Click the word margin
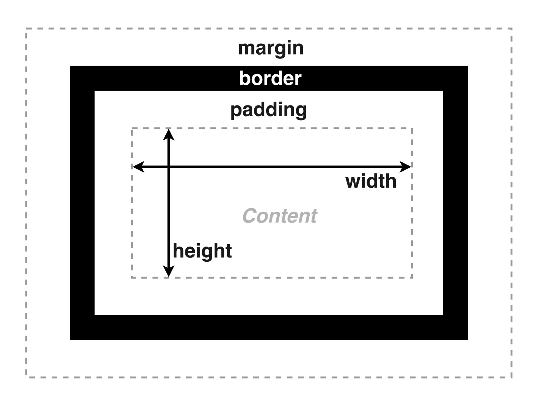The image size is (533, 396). [x=271, y=49]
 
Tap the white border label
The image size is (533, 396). [x=270, y=79]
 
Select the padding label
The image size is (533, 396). [x=268, y=110]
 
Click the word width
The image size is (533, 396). [x=371, y=181]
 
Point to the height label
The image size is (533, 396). [x=202, y=251]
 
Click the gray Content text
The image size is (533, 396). [x=279, y=216]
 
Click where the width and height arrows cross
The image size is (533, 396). [x=169, y=167]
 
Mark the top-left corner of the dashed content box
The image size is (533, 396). [x=132, y=129]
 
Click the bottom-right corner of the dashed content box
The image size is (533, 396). [x=412, y=278]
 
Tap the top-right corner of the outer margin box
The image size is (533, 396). [x=512, y=28]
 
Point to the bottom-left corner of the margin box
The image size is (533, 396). [x=26, y=377]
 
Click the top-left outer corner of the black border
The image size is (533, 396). [x=71, y=67]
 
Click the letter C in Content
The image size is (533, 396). [x=250, y=216]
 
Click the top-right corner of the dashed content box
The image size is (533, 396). [x=412, y=129]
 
